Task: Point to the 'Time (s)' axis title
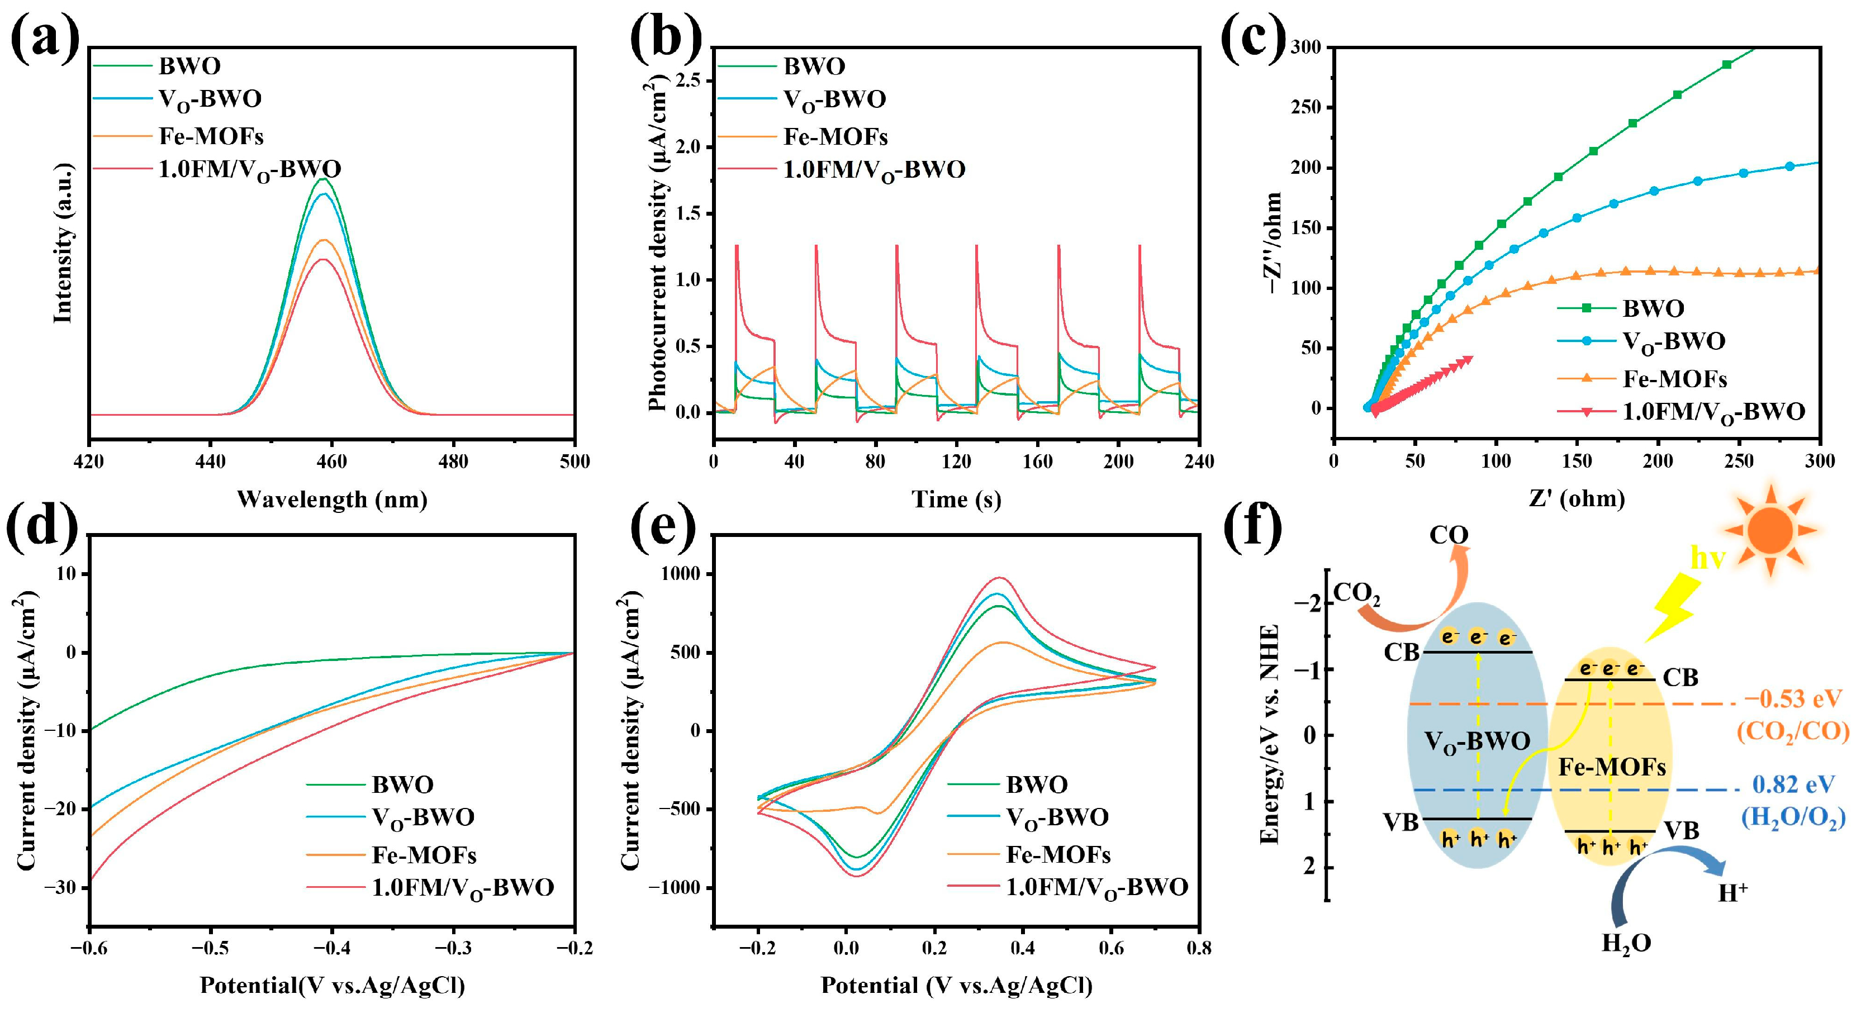pos(956,500)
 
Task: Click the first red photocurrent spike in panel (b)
pos(736,247)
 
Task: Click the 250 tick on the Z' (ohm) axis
pos(1739,461)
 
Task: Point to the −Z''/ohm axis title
pos(1273,242)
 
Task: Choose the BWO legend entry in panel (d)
pos(402,784)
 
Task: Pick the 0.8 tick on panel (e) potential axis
pos(1199,947)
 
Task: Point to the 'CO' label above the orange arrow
pos(1449,535)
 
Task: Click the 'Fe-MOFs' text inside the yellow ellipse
pos(1612,767)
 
